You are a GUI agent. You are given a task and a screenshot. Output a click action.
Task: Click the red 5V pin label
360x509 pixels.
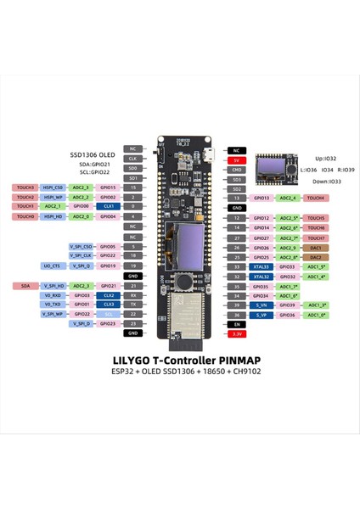tap(238, 158)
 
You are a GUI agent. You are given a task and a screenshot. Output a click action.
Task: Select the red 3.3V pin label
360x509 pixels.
tap(238, 335)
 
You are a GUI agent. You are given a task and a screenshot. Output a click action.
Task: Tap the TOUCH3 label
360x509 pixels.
tap(25, 187)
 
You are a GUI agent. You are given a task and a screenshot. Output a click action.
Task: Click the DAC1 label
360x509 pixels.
tap(315, 247)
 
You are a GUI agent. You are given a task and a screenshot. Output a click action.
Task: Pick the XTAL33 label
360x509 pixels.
tap(238, 266)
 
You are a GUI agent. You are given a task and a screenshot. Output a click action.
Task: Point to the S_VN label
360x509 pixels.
tap(238, 305)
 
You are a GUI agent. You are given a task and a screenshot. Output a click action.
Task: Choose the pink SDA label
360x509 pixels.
tap(25, 286)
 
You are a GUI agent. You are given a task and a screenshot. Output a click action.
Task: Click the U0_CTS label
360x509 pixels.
tap(50, 266)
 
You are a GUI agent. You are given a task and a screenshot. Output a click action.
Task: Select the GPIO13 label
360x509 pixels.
tap(262, 198)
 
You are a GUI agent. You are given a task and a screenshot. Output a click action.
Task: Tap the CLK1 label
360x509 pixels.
tap(108, 206)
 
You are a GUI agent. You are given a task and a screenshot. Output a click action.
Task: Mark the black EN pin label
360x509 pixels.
tap(238, 325)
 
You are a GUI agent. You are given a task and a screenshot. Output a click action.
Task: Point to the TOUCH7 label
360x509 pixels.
tap(316, 238)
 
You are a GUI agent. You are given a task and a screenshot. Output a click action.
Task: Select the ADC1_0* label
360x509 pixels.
tap(316, 316)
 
